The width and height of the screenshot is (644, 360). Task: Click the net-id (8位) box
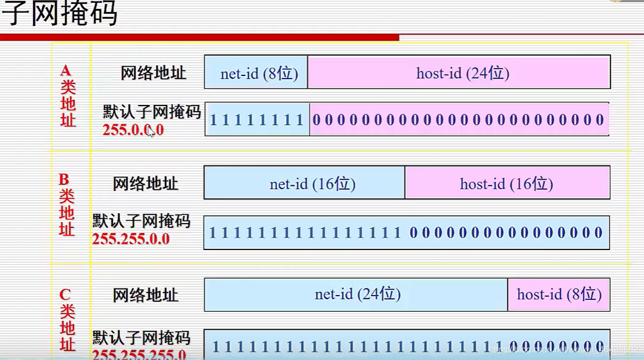click(x=256, y=73)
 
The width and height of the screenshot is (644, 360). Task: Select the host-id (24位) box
click(x=459, y=73)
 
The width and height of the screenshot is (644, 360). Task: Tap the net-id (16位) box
click(x=305, y=183)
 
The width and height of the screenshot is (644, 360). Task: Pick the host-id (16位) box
click(x=507, y=183)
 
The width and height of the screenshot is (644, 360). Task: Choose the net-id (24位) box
click(x=356, y=294)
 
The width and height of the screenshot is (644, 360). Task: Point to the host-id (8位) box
click(x=559, y=294)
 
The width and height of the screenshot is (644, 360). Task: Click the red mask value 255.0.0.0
click(x=133, y=130)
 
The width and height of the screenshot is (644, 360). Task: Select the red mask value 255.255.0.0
click(x=131, y=239)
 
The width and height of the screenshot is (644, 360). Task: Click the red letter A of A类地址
click(x=66, y=70)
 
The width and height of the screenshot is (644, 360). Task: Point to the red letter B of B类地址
click(x=64, y=179)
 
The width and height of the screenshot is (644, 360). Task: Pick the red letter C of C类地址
click(x=65, y=295)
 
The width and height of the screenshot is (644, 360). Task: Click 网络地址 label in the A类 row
click(x=153, y=73)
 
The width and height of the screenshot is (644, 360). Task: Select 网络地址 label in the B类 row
click(x=146, y=184)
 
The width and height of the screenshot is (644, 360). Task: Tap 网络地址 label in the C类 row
click(x=146, y=295)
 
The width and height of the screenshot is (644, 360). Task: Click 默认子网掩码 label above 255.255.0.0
click(x=141, y=221)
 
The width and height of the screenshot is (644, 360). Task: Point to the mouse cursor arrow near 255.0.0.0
click(x=151, y=132)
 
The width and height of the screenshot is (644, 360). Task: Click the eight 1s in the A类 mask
click(x=257, y=120)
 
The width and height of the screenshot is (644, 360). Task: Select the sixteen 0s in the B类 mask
click(x=506, y=232)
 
